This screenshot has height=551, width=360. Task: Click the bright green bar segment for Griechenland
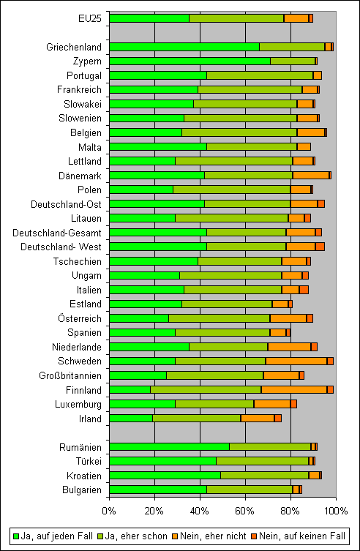184,47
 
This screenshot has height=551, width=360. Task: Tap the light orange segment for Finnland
294,390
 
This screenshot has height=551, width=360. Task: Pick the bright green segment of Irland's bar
131,419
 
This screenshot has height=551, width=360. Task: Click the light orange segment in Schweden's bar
296,361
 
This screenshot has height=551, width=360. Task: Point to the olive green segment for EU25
236,18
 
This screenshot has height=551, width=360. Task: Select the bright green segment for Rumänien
169,447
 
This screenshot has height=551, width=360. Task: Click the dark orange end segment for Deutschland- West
320,247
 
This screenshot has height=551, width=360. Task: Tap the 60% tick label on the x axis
245,511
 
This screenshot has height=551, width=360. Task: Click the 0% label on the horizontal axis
109,511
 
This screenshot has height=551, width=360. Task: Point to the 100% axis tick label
336,511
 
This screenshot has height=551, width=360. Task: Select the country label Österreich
80,319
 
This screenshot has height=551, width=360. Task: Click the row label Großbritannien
70,376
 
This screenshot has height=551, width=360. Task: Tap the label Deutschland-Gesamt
57,233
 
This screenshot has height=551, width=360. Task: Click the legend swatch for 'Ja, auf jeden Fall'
16,536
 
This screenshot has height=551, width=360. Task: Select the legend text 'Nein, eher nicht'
210,536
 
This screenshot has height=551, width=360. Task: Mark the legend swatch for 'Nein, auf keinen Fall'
254,536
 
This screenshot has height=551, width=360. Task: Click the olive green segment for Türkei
263,461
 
